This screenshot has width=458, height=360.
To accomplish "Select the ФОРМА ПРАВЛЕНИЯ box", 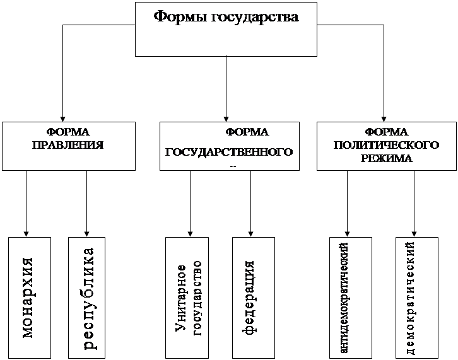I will click(x=68, y=146).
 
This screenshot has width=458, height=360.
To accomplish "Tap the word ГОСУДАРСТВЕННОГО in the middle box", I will click(x=229, y=153).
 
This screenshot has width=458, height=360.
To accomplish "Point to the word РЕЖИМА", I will click(x=387, y=158).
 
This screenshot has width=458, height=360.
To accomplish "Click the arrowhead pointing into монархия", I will click(x=26, y=233).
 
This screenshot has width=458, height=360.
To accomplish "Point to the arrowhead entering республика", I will click(x=86, y=233).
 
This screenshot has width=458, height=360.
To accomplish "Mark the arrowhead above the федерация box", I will click(x=251, y=233).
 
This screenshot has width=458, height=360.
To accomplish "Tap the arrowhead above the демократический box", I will click(x=414, y=233).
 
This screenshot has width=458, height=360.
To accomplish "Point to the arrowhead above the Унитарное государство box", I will click(x=190, y=233).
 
